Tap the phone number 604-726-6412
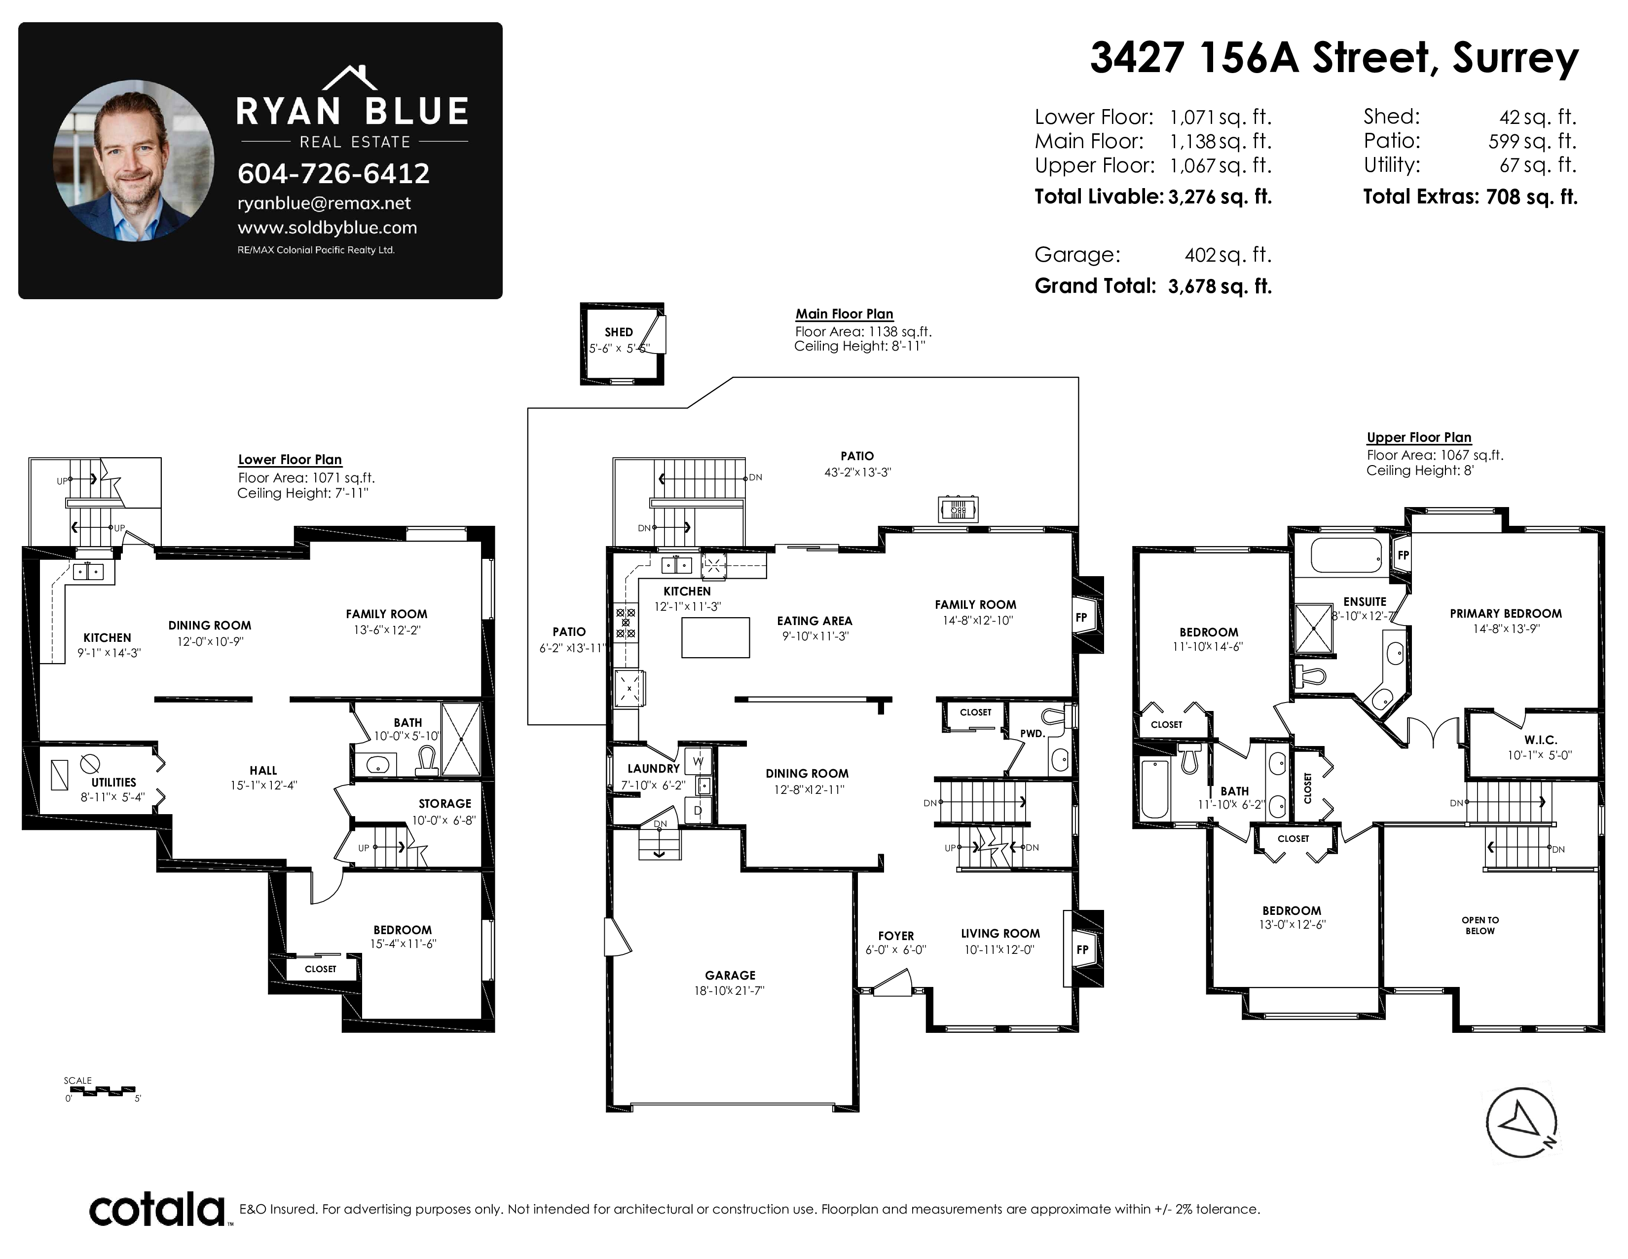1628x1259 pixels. (333, 174)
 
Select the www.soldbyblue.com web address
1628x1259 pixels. (327, 228)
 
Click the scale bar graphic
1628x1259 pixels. (100, 1091)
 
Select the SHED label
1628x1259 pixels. (619, 332)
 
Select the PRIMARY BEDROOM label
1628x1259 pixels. (1506, 613)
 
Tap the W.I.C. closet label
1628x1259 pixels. (1540, 740)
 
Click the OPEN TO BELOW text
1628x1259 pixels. (1480, 925)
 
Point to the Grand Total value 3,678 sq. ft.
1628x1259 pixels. (1220, 286)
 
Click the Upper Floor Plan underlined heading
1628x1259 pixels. (1418, 438)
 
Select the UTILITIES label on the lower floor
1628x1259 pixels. (113, 783)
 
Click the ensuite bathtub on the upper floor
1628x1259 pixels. (1347, 555)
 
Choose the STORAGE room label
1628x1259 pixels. (444, 803)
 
